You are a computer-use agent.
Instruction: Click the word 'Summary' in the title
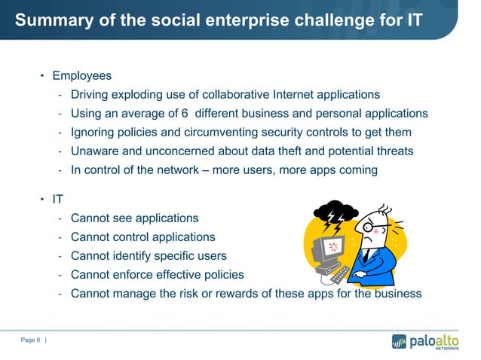point(47,20)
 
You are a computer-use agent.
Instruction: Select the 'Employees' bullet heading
point(81,76)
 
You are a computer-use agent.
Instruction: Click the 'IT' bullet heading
point(57,200)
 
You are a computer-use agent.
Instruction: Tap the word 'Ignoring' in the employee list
point(94,133)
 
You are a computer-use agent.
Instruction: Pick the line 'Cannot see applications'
point(134,218)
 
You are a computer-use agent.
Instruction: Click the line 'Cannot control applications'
point(142,237)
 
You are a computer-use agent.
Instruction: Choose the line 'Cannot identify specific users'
point(148,256)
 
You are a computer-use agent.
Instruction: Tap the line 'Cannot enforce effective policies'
point(157,275)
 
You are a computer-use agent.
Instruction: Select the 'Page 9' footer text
point(30,341)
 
